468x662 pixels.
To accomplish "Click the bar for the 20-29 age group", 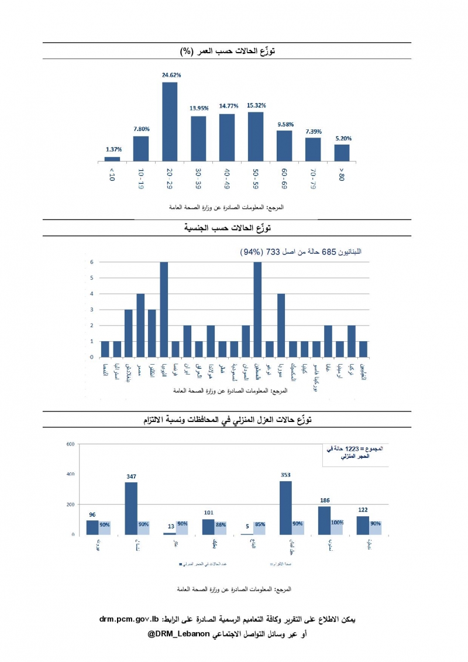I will (x=170, y=121).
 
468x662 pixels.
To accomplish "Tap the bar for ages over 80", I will (x=342, y=152).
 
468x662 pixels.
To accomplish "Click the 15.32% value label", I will (x=256, y=105).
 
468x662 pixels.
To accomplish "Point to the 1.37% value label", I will (x=112, y=150).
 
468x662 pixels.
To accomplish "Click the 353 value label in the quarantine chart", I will (x=285, y=475).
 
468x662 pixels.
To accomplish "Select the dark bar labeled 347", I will (x=131, y=508).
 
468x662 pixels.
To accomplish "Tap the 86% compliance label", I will (x=221, y=524).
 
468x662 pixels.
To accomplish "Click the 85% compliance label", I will (x=259, y=524).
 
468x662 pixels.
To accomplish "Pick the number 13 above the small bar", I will (x=170, y=526).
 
